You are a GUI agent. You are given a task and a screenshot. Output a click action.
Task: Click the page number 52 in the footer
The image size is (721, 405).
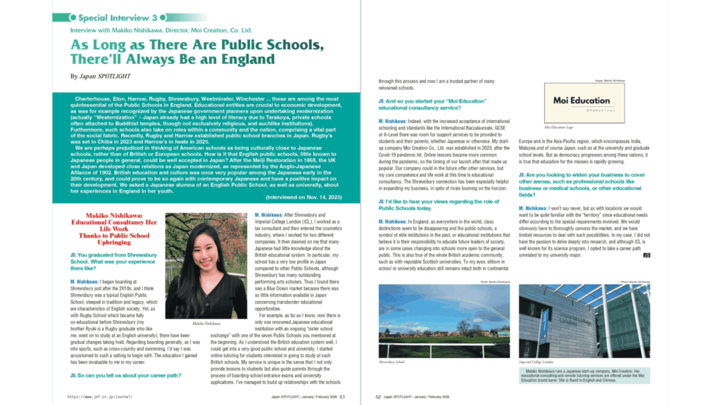tap(378, 397)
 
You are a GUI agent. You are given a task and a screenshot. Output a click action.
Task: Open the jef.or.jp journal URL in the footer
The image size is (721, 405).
tap(99, 397)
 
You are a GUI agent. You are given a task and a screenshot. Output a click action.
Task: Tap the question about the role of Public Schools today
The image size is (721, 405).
tap(422, 205)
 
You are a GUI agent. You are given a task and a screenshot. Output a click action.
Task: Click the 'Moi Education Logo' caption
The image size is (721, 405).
tap(561, 128)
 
